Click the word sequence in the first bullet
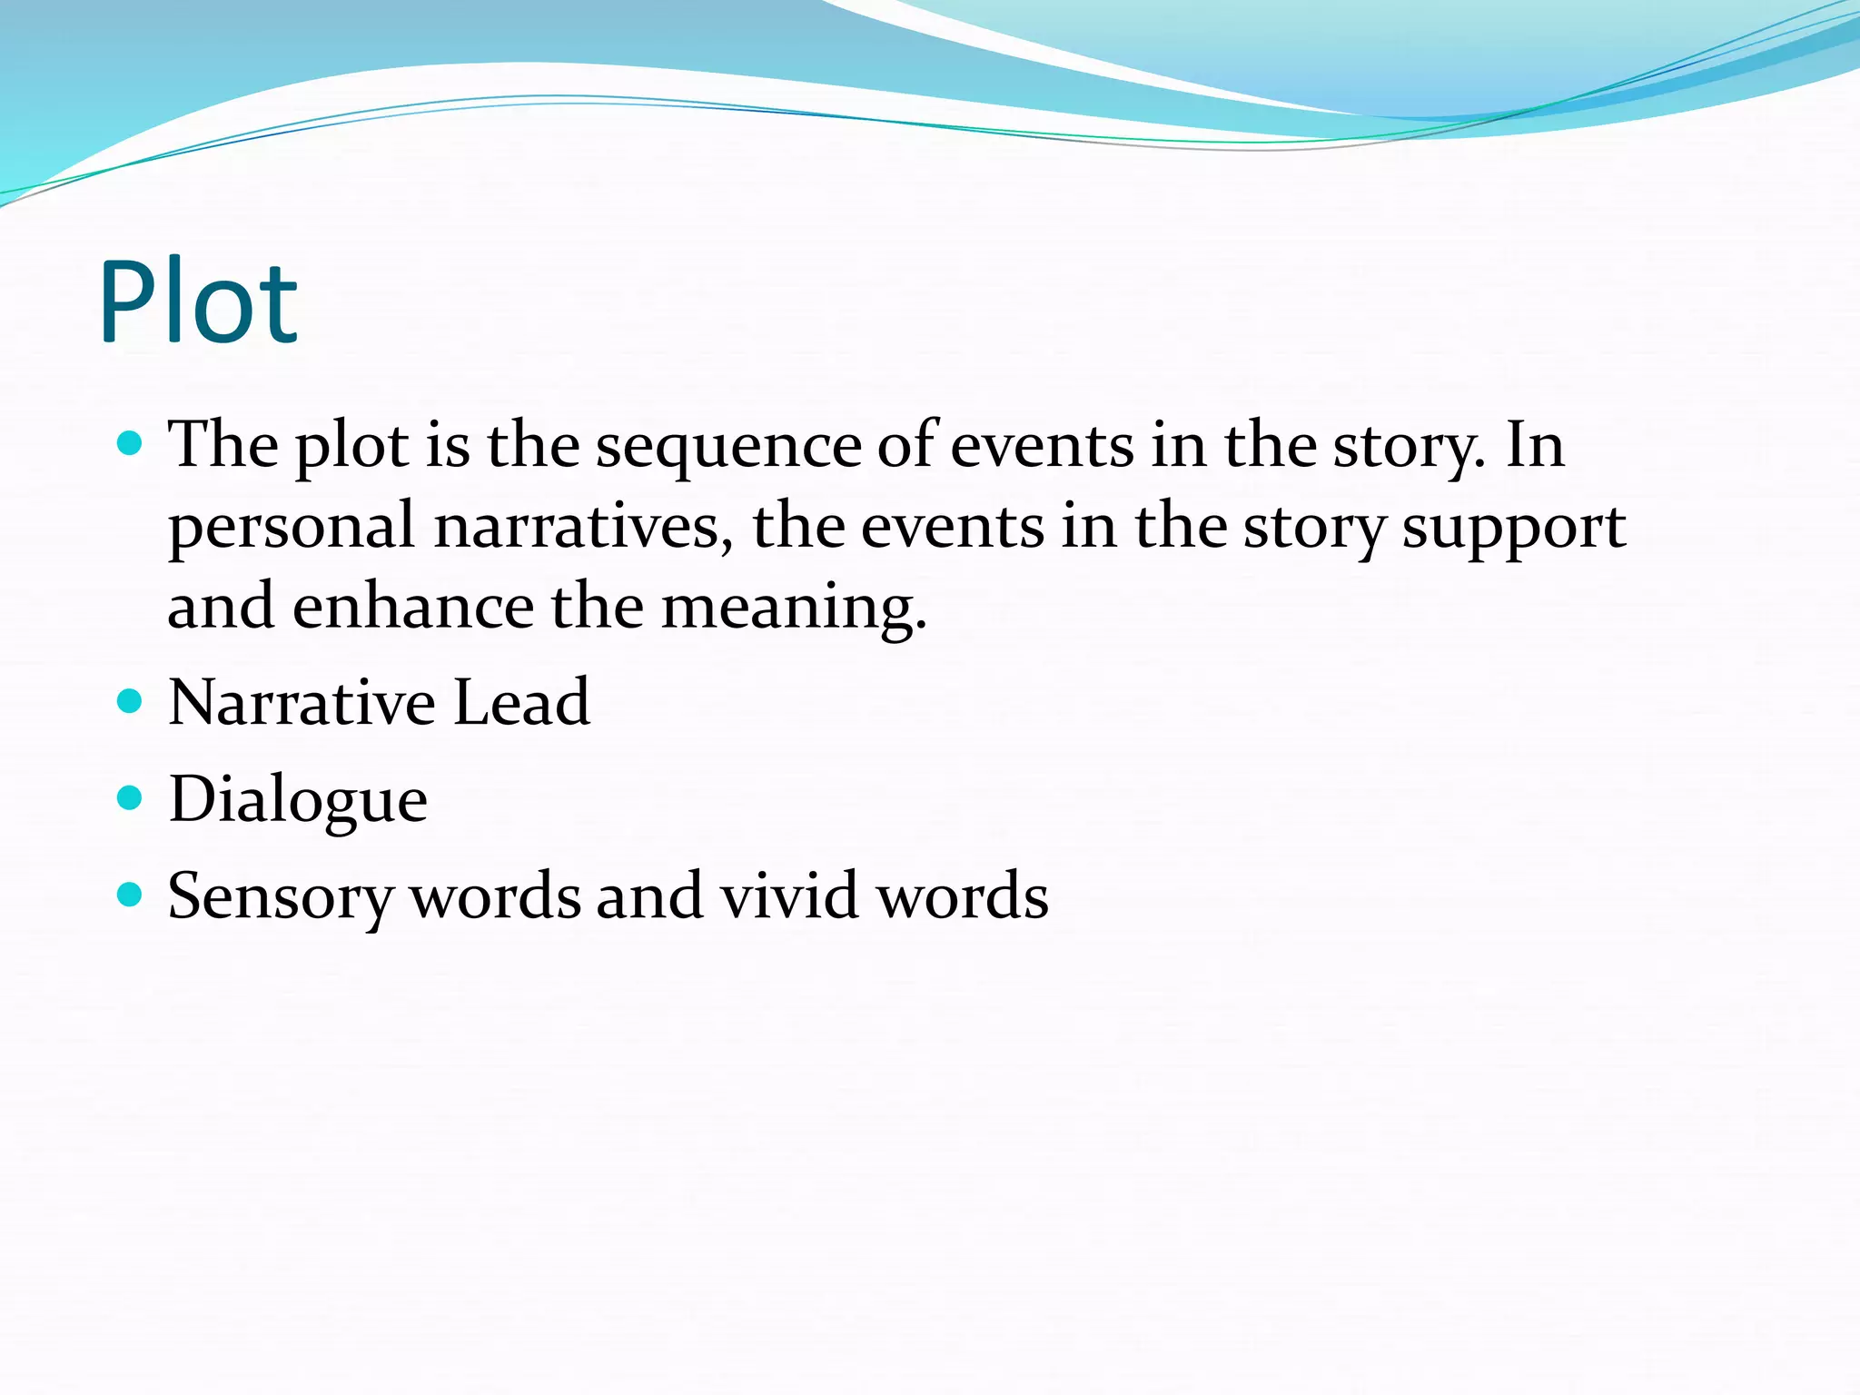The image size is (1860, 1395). (727, 448)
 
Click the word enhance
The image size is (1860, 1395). (413, 607)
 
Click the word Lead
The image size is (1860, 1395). (521, 703)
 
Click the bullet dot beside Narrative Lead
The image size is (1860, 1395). (131, 702)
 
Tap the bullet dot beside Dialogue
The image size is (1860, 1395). (131, 798)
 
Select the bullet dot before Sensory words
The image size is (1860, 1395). (131, 895)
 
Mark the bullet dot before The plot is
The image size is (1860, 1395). (131, 444)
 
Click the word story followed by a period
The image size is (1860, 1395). (1407, 448)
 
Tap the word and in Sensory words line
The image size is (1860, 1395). (649, 896)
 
